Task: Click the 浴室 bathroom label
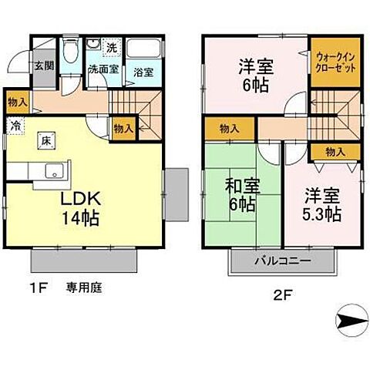(x=143, y=73)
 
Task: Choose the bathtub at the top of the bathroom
(x=143, y=50)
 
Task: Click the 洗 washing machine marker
(x=112, y=49)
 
